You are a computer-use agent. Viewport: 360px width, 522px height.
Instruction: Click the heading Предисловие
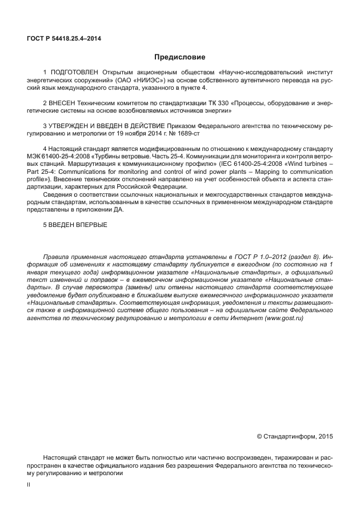point(179,57)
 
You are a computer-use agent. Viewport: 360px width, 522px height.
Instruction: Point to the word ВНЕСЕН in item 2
point(62,102)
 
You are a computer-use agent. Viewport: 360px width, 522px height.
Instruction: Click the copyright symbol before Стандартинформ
point(259,436)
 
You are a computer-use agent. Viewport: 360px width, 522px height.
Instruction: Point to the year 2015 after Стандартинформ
point(324,436)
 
